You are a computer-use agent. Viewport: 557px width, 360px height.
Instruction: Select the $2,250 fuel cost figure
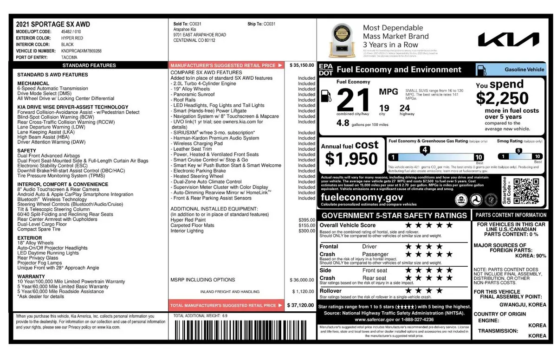click(502, 98)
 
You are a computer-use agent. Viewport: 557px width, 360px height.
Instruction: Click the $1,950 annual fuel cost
click(351, 159)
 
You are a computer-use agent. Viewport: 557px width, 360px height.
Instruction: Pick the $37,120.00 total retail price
click(301, 305)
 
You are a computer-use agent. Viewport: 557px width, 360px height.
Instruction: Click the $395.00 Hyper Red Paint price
click(307, 219)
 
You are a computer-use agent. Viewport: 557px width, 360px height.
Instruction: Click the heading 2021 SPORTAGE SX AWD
click(53, 24)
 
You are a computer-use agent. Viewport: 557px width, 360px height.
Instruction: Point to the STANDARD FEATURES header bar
click(89, 65)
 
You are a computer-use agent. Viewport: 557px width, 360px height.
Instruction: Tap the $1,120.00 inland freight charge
click(303, 291)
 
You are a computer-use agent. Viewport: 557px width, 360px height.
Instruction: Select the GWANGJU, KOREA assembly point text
click(523, 304)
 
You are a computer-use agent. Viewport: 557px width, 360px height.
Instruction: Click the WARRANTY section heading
click(31, 276)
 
